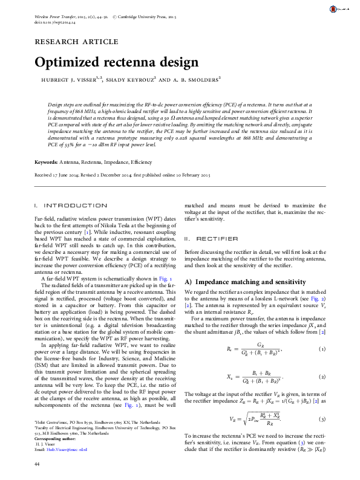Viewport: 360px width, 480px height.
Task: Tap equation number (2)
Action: (x=324, y=376)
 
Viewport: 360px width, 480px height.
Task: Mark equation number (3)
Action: (x=324, y=418)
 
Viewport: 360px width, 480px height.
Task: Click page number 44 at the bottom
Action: (x=38, y=462)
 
